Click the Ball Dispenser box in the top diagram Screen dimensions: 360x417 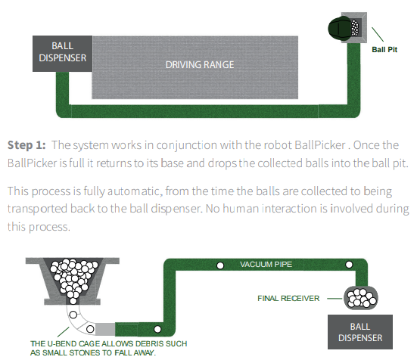pyautogui.click(x=63, y=51)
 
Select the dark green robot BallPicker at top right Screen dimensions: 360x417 pyautogui.click(x=341, y=28)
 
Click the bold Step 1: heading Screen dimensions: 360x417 pyautogui.click(x=26, y=144)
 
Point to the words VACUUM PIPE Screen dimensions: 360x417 pyautogui.click(x=267, y=265)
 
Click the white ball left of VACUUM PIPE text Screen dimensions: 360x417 pyautogui.click(x=220, y=265)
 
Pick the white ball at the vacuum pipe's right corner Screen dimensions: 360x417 pyautogui.click(x=350, y=265)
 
